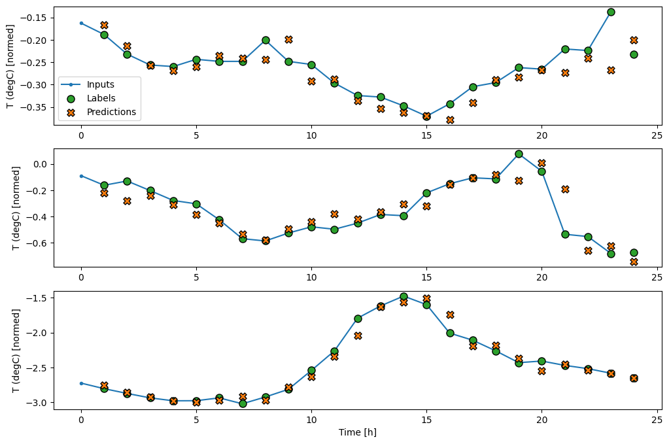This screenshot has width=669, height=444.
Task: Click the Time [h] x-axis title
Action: click(357, 433)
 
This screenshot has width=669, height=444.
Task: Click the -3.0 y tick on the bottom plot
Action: click(41, 402)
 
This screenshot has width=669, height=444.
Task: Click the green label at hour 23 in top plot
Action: click(611, 12)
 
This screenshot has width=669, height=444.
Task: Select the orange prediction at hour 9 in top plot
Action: click(288, 39)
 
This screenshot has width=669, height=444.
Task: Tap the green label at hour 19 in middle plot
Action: click(519, 154)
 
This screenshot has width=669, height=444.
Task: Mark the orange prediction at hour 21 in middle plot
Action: click(565, 189)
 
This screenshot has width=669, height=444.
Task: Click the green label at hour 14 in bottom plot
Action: click(403, 296)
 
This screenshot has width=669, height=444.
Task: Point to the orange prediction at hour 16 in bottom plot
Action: click(450, 315)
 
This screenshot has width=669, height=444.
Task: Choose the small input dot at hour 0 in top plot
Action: click(81, 23)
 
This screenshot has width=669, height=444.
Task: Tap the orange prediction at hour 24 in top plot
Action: click(634, 40)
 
